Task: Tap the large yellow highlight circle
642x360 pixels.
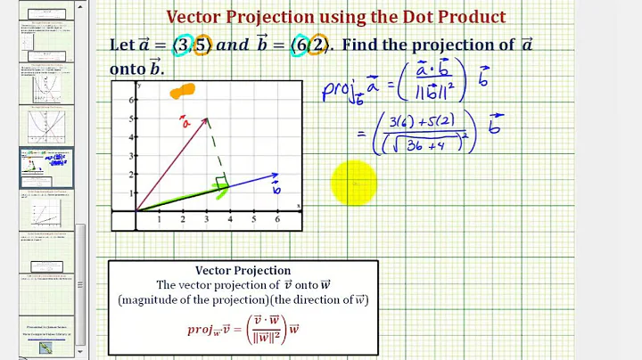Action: point(353,184)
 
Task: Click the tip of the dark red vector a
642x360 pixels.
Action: point(207,118)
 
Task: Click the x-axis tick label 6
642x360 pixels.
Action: point(277,219)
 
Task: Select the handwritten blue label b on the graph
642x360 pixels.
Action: point(276,189)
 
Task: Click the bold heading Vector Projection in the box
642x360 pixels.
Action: point(243,270)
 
